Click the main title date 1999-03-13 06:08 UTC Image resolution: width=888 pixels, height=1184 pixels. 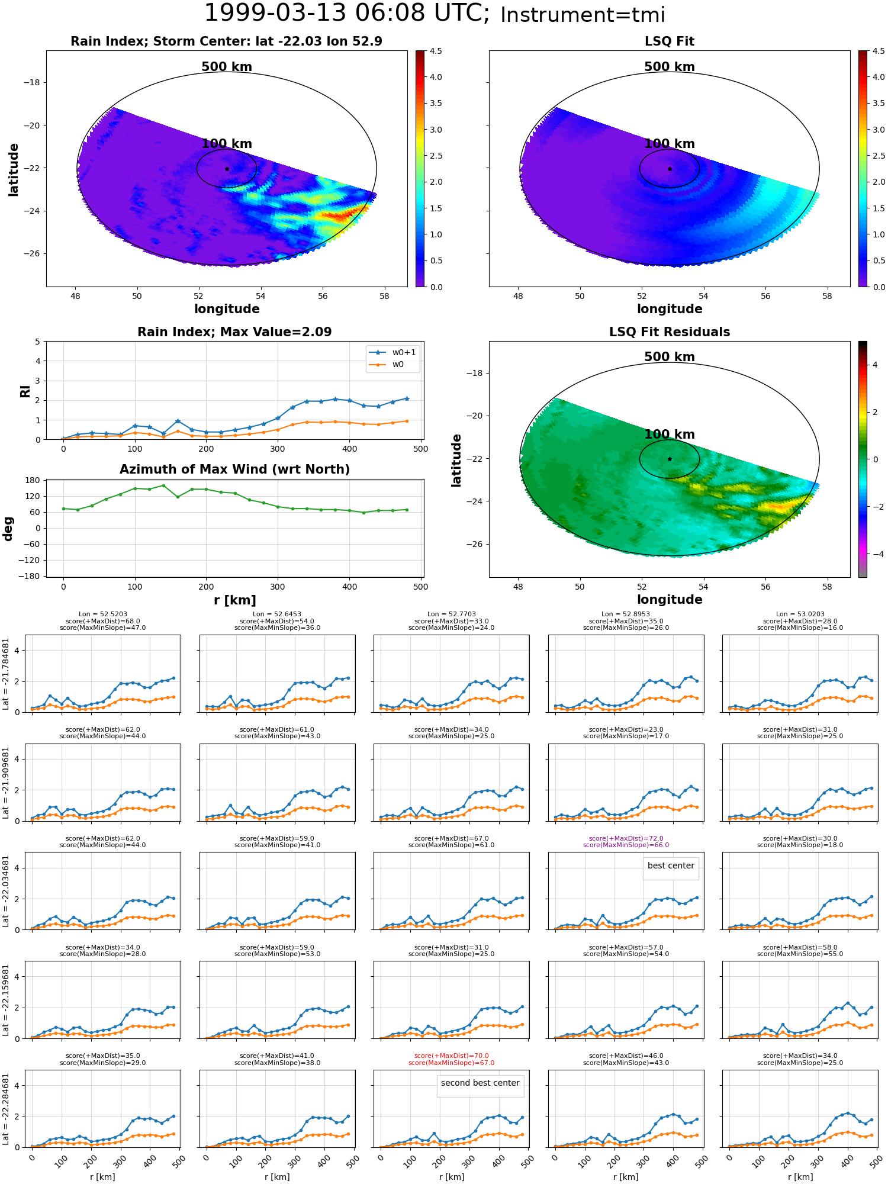pos(346,14)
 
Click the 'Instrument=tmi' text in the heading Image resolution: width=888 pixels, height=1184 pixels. pos(583,15)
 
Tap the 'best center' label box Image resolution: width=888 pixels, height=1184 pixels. pos(671,866)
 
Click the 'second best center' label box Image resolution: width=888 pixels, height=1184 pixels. pos(480,1083)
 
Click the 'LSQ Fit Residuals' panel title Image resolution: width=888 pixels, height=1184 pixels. pos(669,332)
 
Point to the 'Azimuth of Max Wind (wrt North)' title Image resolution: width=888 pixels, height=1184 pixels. pos(234,469)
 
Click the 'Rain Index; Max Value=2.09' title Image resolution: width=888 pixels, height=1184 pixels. pos(234,332)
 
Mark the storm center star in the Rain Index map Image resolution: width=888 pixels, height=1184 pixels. pos(227,169)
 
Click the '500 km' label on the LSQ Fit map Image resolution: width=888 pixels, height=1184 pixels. pos(669,67)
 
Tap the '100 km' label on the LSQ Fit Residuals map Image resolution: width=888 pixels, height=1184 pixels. pos(669,435)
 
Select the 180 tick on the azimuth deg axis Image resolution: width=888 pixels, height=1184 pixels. pos(33,480)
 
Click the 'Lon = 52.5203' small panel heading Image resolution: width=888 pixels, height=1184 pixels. pos(102,614)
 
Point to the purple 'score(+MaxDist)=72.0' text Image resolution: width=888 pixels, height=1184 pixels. pos(626,838)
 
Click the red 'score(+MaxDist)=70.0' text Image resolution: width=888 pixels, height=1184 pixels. pos(451,1056)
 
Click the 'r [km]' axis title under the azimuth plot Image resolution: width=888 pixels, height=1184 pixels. pos(234,600)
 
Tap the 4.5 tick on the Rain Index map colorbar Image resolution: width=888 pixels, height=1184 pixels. pos(435,51)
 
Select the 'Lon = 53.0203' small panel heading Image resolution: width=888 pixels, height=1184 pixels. pos(800,614)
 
